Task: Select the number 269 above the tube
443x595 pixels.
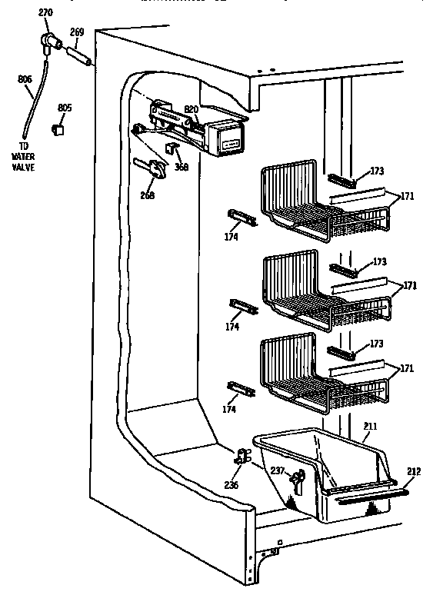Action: (x=77, y=32)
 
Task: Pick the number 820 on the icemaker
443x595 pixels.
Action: (x=191, y=109)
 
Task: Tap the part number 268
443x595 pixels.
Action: (x=148, y=195)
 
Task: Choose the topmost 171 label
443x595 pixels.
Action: (x=407, y=196)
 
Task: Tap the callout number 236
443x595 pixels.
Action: (x=231, y=486)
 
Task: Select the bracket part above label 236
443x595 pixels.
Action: (x=241, y=458)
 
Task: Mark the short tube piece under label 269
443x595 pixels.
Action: (x=81, y=56)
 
